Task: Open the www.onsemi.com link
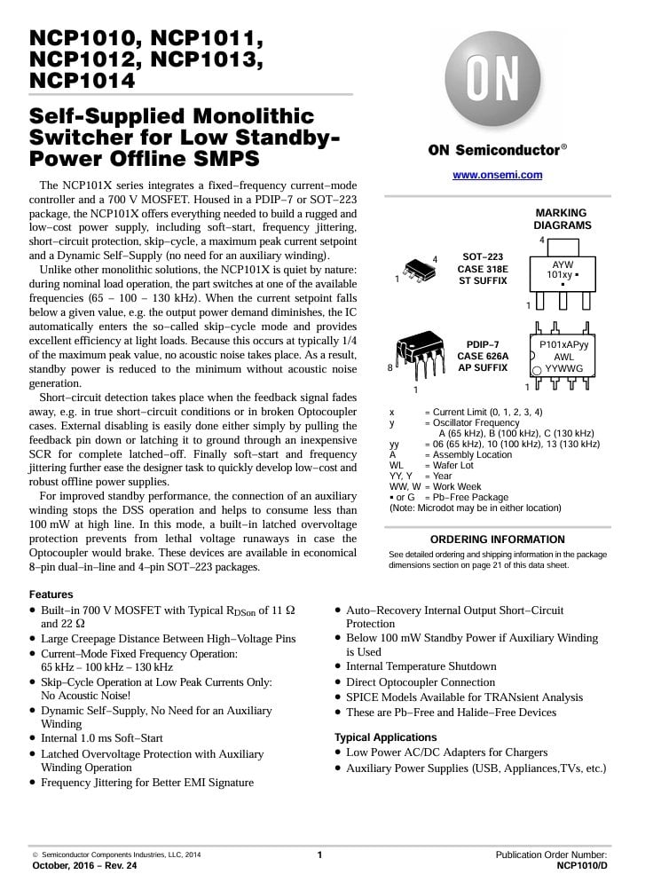[x=497, y=175]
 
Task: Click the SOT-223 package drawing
[x=417, y=269]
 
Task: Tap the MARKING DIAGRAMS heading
[x=562, y=219]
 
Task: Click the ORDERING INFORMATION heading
[x=498, y=539]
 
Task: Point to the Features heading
[x=51, y=595]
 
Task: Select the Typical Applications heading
[x=385, y=737]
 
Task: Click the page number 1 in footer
[x=319, y=854]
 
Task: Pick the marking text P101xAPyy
[x=564, y=343]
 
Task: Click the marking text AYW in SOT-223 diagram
[x=563, y=264]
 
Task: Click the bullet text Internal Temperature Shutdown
[x=421, y=666]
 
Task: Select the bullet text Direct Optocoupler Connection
[x=421, y=682]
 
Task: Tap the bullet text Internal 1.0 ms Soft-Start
[x=102, y=738]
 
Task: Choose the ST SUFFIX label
[x=483, y=280]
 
